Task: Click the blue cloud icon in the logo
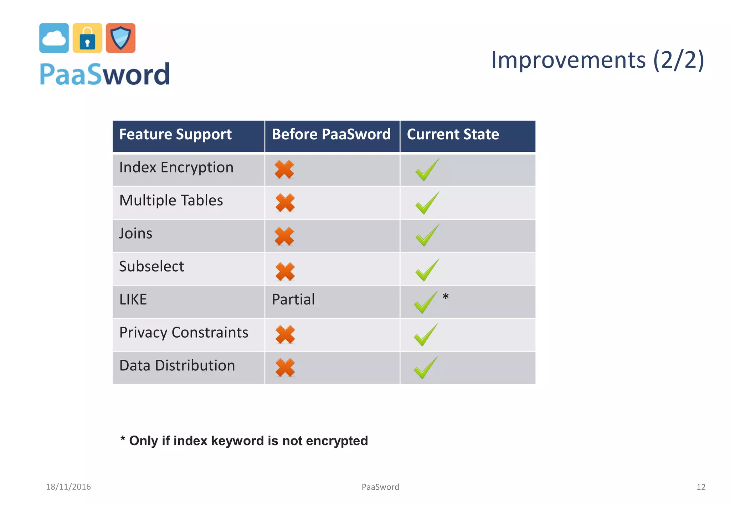[x=54, y=38]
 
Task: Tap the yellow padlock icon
[x=87, y=38]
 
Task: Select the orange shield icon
[x=120, y=38]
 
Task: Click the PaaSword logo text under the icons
[x=105, y=74]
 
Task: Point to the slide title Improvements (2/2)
[x=597, y=60]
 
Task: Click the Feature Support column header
[x=175, y=135]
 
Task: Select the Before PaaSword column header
[x=331, y=135]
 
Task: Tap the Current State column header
[x=453, y=135]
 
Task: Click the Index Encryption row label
[x=176, y=167]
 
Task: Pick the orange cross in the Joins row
[x=284, y=236]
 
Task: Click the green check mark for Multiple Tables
[x=427, y=203]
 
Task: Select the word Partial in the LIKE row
[x=293, y=300]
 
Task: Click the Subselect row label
[x=151, y=266]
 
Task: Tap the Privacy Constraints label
[x=184, y=333]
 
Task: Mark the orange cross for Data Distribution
[x=285, y=368]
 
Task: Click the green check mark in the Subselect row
[x=427, y=270]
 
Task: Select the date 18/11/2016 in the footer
[x=68, y=487]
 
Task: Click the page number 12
[x=700, y=487]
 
